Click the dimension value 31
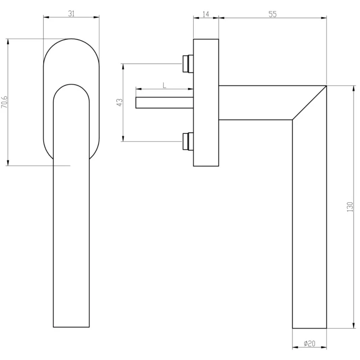coord(71,13)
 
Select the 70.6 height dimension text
coord(4,102)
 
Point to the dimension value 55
coord(272,14)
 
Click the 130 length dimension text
coord(350,207)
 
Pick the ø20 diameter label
coord(309,344)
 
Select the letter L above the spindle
coord(164,85)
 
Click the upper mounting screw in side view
coord(187,64)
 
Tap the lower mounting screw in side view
coord(187,141)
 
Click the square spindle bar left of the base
coord(164,103)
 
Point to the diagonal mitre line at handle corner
coord(309,103)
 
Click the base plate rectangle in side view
coord(206,102)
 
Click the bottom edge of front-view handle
coord(71,327)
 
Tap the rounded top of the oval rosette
coord(71,39)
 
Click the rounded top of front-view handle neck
coord(71,85)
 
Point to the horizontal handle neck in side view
coord(257,103)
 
